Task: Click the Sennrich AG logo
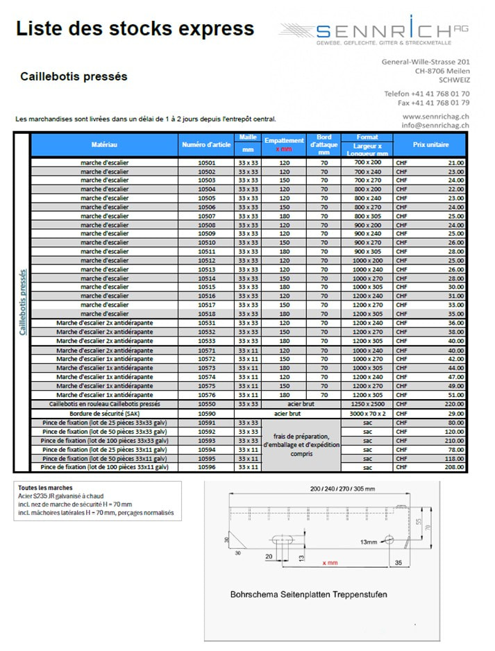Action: click(374, 31)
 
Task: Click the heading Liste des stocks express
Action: click(135, 29)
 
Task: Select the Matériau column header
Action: click(104, 144)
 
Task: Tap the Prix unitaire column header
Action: click(430, 144)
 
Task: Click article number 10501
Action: click(207, 162)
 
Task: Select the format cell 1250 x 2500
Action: click(367, 403)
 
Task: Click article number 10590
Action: click(207, 413)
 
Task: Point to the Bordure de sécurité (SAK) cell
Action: click(104, 413)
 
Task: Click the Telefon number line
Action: click(426, 93)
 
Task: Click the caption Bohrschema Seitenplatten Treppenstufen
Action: click(308, 594)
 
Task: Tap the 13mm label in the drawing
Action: click(369, 541)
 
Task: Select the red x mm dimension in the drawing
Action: click(330, 563)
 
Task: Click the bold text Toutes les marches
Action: click(45, 488)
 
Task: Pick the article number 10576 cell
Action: click(207, 394)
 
